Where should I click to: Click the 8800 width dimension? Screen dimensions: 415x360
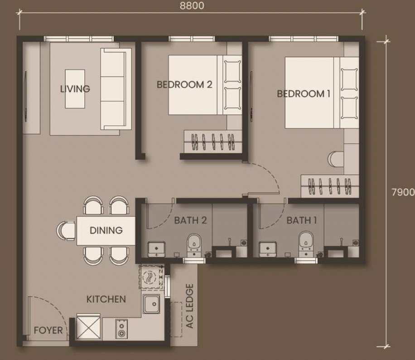coord(192,5)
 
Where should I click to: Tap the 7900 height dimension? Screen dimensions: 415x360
coord(403,192)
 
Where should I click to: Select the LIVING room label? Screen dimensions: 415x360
coord(75,89)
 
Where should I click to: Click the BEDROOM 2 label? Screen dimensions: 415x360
coord(184,84)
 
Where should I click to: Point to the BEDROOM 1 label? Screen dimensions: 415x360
coord(304,93)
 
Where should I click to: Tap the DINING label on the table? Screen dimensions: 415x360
coord(106,230)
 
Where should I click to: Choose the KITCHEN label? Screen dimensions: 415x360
coord(106,299)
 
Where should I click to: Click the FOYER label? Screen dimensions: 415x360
coord(48,331)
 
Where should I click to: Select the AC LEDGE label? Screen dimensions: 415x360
coord(190,306)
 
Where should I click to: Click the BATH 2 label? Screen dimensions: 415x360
coord(190,220)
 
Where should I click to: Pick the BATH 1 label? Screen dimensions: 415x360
coord(302,220)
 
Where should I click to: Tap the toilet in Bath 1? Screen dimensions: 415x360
coord(306,245)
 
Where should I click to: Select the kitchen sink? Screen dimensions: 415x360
coord(151,304)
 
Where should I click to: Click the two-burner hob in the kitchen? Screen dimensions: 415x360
coord(122,329)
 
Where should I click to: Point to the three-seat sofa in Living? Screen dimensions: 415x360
coord(116,89)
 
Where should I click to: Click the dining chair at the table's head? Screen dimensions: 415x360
coord(66,231)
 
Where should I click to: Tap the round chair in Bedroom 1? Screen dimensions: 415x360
coord(336,159)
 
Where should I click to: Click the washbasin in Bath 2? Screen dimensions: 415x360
coord(156,249)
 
